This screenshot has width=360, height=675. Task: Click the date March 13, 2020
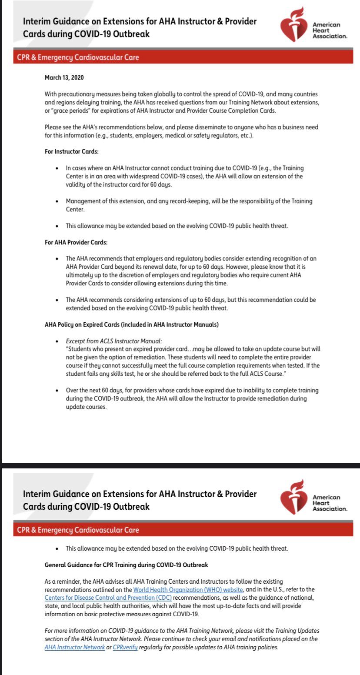click(x=64, y=77)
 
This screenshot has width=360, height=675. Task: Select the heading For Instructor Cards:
click(x=70, y=152)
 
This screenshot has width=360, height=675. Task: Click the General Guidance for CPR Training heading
click(x=126, y=565)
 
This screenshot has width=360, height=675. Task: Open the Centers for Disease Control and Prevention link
click(x=108, y=598)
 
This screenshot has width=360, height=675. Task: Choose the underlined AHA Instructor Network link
click(x=75, y=647)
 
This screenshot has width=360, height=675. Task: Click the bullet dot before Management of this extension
click(x=57, y=202)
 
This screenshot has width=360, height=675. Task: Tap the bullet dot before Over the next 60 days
click(x=57, y=391)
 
